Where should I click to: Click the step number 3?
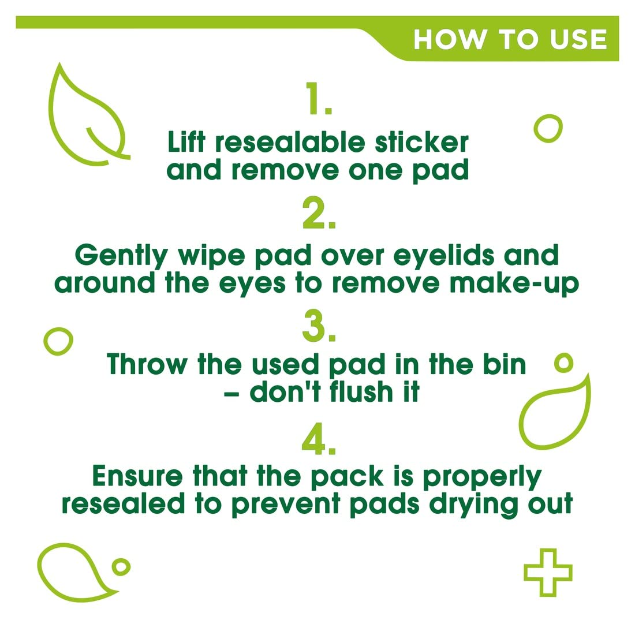tap(319, 326)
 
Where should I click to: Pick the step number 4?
tap(319, 439)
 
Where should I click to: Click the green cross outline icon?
tap(548, 573)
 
